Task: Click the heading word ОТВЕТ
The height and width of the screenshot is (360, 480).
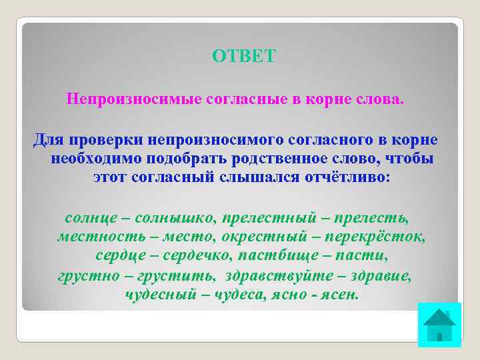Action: [243, 57]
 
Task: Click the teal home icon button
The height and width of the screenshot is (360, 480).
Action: [439, 325]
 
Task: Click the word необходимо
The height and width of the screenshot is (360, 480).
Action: [89, 160]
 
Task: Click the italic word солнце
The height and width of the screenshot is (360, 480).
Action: [90, 218]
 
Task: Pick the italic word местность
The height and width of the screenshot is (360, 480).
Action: [99, 237]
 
